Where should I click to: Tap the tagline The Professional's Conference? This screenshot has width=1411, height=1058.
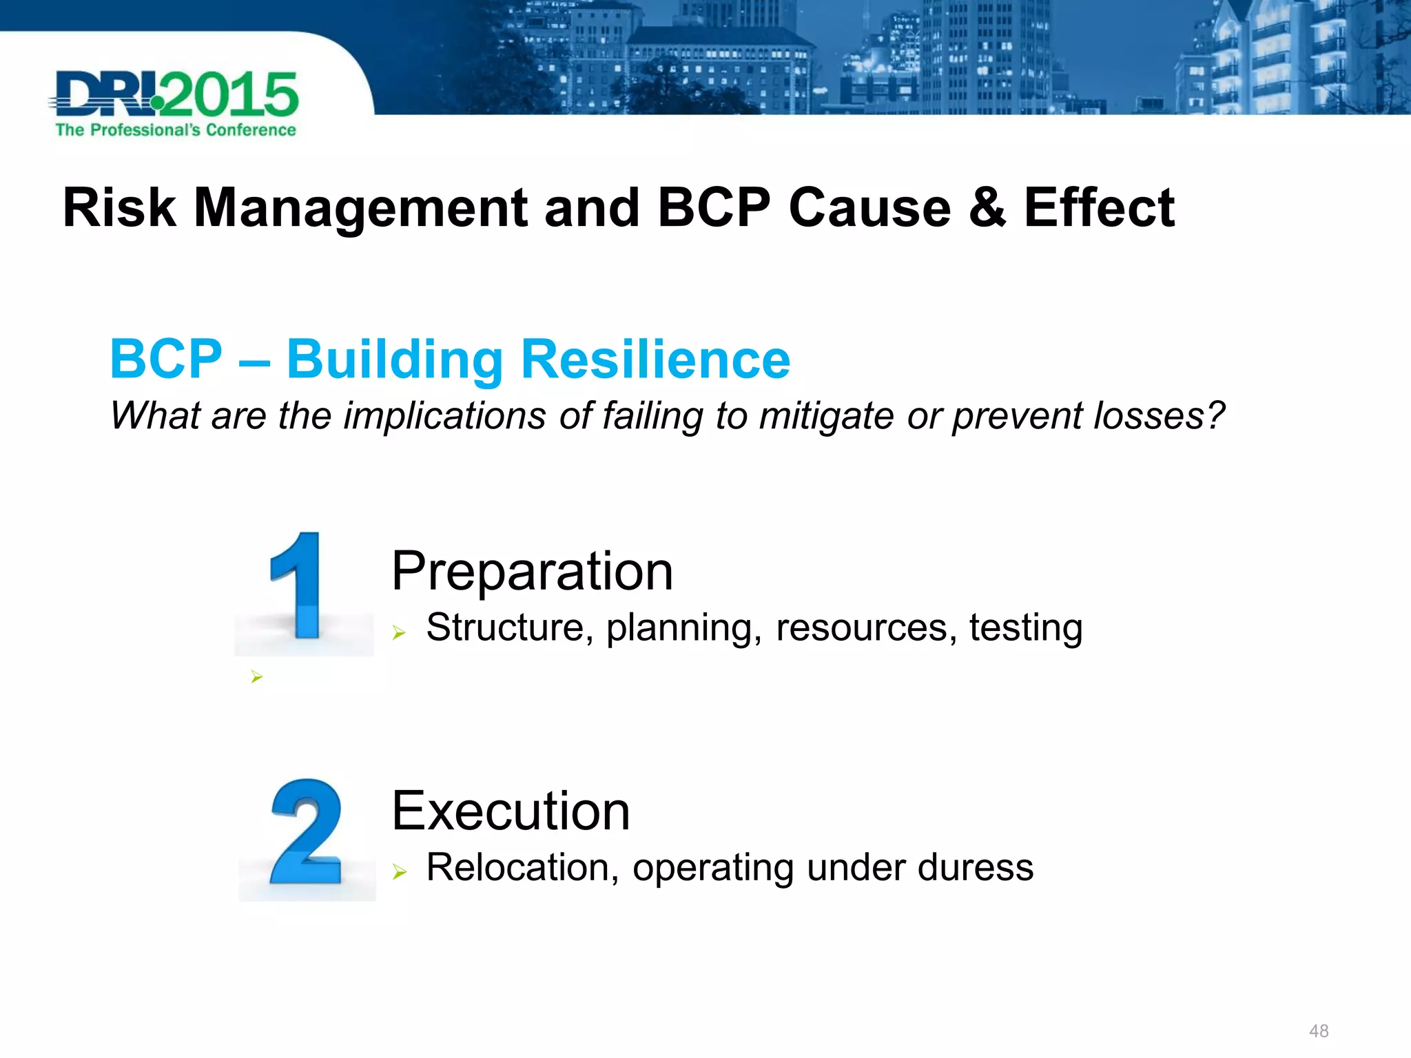[175, 130]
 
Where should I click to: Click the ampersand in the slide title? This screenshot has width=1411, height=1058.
[987, 208]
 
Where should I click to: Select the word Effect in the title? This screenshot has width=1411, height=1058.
[1099, 208]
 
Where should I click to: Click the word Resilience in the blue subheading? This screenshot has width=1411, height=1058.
[655, 360]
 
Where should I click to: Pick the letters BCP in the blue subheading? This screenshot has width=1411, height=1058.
[166, 360]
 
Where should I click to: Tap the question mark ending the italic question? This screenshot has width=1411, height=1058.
[1215, 416]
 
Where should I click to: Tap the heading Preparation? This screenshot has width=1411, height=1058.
[532, 571]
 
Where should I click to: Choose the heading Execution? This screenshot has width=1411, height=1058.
[511, 811]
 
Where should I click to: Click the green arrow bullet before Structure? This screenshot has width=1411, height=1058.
[399, 632]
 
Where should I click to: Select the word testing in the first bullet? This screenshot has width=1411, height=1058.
[1025, 628]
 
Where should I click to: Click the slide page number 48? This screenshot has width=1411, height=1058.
[1319, 1031]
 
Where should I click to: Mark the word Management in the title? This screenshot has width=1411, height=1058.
[360, 208]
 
